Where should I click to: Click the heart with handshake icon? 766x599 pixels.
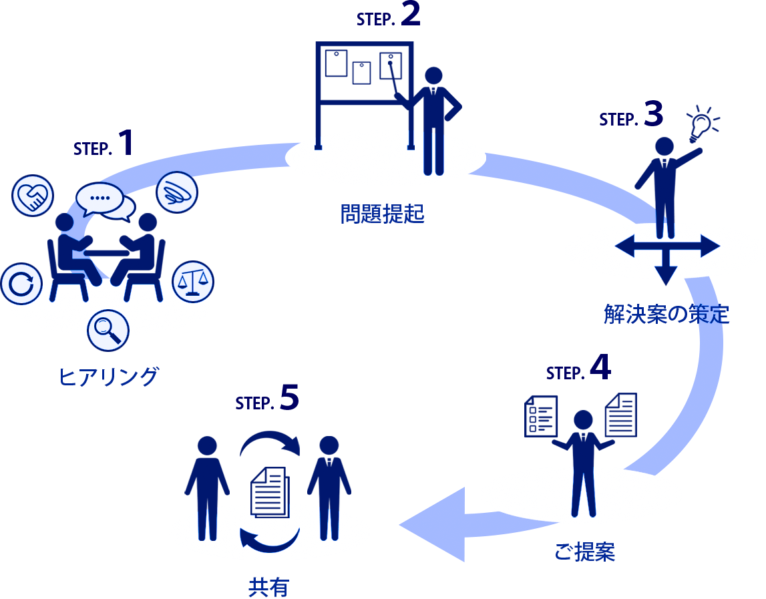33,196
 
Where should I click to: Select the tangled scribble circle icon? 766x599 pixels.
176,192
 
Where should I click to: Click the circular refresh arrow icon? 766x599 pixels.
22,284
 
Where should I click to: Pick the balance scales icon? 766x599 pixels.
192,282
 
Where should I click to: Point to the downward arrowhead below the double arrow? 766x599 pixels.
666,274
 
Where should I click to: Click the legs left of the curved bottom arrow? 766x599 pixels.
208,524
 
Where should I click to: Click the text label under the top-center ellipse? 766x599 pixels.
384,212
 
